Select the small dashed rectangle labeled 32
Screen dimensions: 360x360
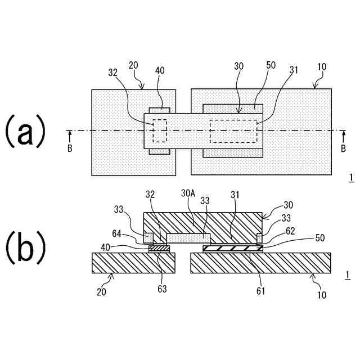click(160, 130)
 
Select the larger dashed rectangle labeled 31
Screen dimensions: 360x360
click(233, 131)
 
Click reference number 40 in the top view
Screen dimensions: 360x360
click(160, 70)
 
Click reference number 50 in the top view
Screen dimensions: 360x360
click(271, 65)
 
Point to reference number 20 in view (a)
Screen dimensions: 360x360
click(133, 65)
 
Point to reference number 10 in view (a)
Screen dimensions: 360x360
click(322, 66)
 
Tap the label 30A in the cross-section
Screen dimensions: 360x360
click(188, 193)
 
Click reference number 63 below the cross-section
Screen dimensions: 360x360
click(162, 290)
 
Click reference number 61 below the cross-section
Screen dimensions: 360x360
click(260, 290)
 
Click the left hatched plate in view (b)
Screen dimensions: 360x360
click(133, 263)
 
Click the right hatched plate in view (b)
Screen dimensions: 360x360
click(260, 263)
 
